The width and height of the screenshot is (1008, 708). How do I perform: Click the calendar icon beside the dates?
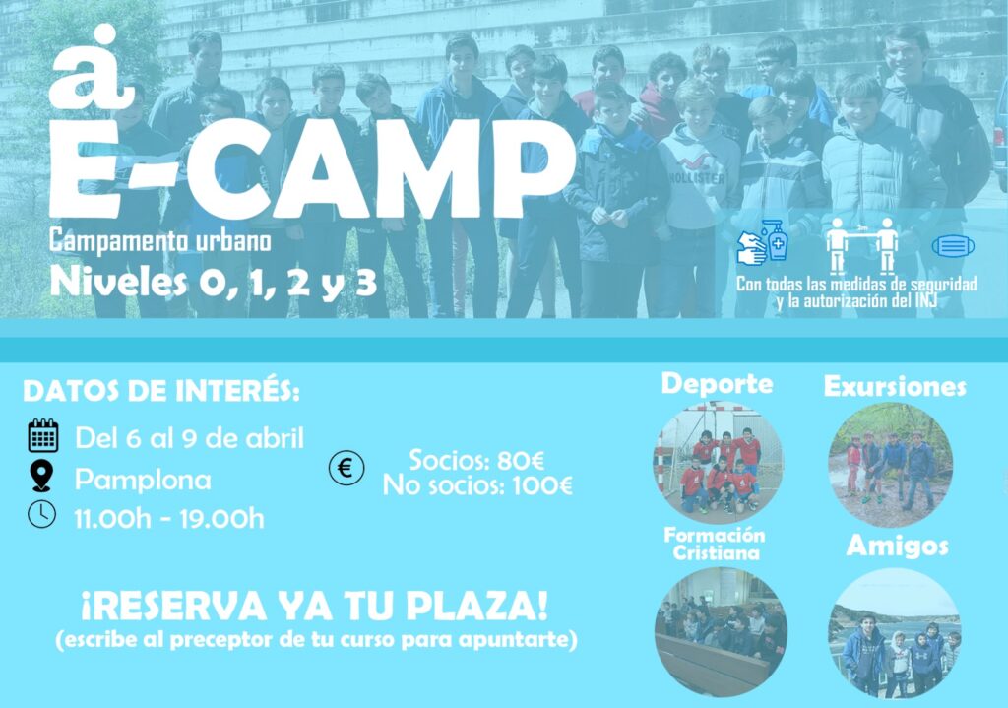pyautogui.click(x=43, y=435)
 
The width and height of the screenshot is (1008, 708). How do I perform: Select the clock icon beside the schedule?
pyautogui.click(x=41, y=514)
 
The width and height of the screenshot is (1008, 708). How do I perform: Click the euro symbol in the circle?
pyautogui.click(x=346, y=468)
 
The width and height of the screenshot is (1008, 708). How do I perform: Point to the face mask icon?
pyautogui.click(x=953, y=246)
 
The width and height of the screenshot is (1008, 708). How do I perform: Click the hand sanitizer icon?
pyautogui.click(x=763, y=241)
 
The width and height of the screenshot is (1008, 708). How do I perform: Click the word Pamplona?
pyautogui.click(x=143, y=480)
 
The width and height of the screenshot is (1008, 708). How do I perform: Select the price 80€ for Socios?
pyautogui.click(x=521, y=461)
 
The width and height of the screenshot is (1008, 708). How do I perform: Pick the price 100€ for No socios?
pyautogui.click(x=542, y=485)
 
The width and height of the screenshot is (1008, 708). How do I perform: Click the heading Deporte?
pyautogui.click(x=717, y=384)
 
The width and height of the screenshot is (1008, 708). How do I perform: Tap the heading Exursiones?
pyautogui.click(x=895, y=386)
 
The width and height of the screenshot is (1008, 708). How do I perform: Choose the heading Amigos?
pyautogui.click(x=897, y=546)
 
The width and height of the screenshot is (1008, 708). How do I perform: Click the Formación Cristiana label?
pyautogui.click(x=715, y=544)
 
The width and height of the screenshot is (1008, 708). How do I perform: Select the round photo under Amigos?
pyautogui.click(x=895, y=633)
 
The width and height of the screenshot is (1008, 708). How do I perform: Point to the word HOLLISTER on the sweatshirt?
pyautogui.click(x=697, y=178)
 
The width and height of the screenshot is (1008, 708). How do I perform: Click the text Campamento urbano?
pyautogui.click(x=160, y=241)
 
